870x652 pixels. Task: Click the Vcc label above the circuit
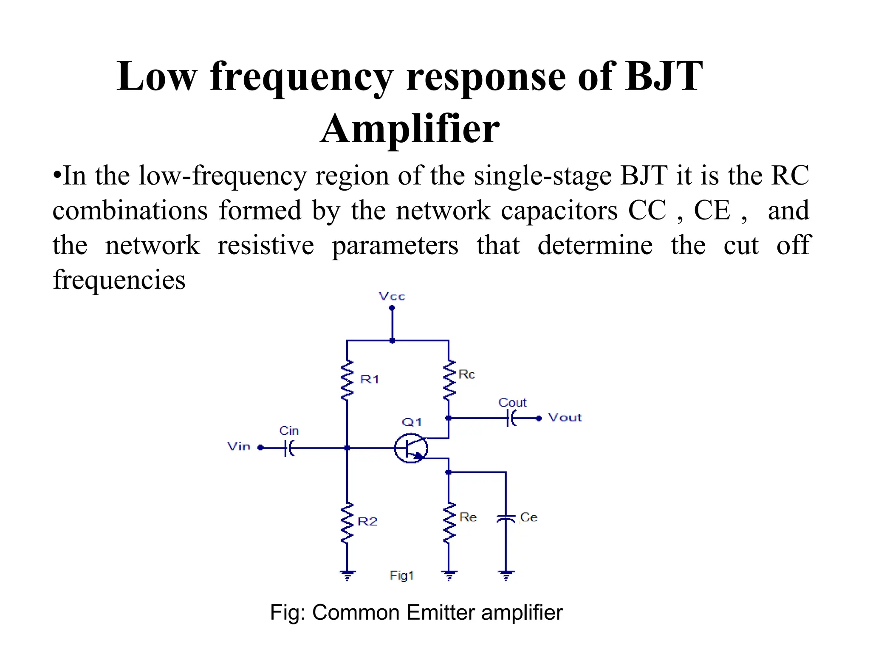click(392, 296)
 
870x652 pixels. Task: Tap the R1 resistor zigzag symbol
click(347, 380)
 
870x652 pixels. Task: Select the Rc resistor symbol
click(449, 380)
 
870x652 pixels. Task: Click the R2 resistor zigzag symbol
click(347, 523)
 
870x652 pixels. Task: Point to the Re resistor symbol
click(449, 523)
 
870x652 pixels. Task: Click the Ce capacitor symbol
click(506, 518)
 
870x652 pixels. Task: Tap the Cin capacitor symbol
click(289, 448)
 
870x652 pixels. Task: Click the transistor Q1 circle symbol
click(410, 448)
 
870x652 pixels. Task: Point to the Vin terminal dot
click(261, 448)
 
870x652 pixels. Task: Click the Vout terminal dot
click(539, 419)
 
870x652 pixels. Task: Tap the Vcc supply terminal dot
click(392, 308)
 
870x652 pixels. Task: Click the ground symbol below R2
click(347, 576)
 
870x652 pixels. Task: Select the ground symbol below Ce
click(506, 576)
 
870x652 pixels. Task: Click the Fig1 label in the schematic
click(401, 576)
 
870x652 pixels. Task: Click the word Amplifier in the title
click(410, 129)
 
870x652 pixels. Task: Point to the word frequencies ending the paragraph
click(119, 280)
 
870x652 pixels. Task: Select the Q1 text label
click(412, 422)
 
